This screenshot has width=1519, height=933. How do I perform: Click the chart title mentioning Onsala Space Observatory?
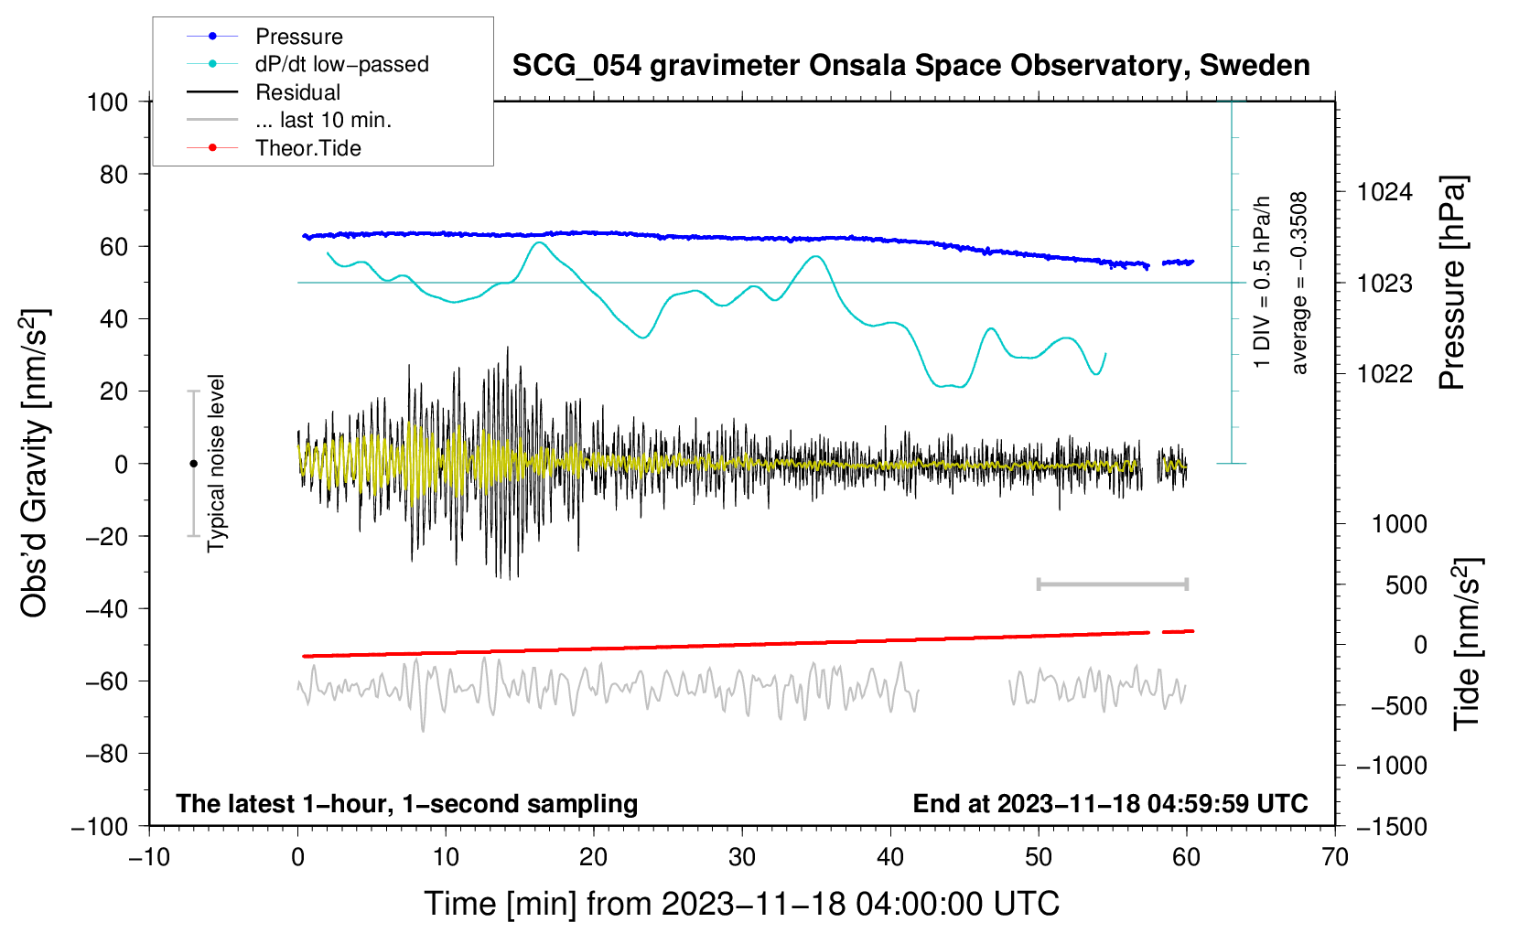coord(910,66)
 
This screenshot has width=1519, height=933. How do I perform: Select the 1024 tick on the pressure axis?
coord(1384,192)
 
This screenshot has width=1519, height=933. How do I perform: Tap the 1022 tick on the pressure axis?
coord(1384,373)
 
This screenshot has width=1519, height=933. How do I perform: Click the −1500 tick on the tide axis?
coord(1390,826)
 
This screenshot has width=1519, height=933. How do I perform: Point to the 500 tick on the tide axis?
coord(1406,584)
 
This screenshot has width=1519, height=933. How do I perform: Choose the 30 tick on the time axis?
coord(742,857)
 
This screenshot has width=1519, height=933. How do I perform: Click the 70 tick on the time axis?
coord(1335,857)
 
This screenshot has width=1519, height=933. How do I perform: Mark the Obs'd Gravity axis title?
coord(35,463)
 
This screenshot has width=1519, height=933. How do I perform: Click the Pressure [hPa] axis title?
coord(1452,283)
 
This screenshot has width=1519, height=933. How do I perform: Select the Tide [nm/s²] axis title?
coord(1467,644)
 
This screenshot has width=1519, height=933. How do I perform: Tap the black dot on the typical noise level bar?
coord(193,464)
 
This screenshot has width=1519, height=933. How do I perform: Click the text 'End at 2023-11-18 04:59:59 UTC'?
coord(1110,803)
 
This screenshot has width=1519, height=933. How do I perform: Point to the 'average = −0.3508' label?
coord(1299,283)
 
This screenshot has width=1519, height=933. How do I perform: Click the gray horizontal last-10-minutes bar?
coord(1112,584)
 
